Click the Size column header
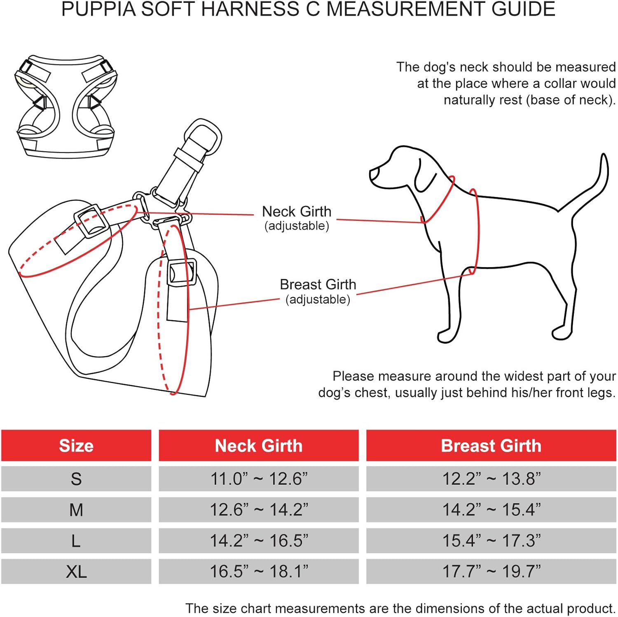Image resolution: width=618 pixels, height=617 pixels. [76, 446]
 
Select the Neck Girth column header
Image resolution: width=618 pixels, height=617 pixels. [258, 446]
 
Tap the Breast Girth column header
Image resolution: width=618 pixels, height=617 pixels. [491, 446]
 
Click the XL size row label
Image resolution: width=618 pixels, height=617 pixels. [76, 572]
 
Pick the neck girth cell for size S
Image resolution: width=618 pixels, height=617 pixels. [258, 479]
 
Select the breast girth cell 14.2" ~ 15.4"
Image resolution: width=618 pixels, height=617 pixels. [491, 510]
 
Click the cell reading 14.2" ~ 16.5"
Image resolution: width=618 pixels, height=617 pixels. [258, 541]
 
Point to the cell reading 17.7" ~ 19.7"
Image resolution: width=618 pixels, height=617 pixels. [491, 572]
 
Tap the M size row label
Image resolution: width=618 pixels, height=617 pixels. [76, 510]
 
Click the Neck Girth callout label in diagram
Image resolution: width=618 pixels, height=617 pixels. [297, 212]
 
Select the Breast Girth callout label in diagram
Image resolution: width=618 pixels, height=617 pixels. [318, 285]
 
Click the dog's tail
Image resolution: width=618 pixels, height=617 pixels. [593, 185]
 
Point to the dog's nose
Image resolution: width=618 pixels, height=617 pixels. [372, 174]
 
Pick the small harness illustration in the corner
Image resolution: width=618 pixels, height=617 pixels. [66, 105]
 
